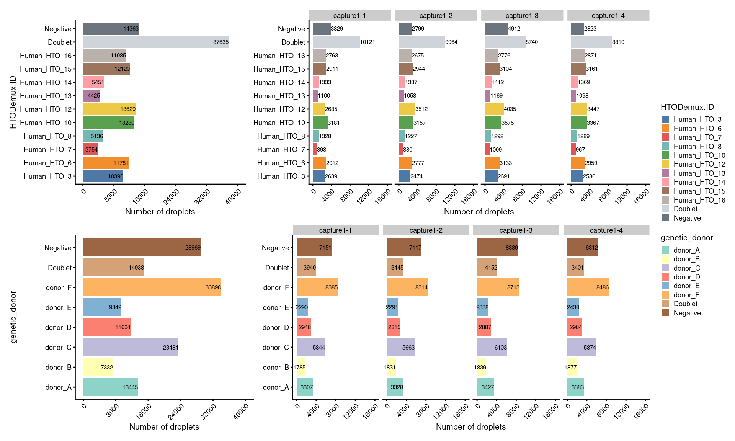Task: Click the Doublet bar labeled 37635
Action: pyautogui.click(x=155, y=42)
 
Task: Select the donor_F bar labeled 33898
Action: pyautogui.click(x=152, y=287)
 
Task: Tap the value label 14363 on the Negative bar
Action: pyautogui.click(x=131, y=29)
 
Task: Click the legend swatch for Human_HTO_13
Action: pyautogui.click(x=665, y=173)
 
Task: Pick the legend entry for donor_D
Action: pyautogui.click(x=686, y=277)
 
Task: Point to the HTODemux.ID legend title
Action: pyautogui.click(x=687, y=107)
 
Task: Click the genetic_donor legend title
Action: pyautogui.click(x=687, y=238)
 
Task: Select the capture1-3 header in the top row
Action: pyautogui.click(x=522, y=16)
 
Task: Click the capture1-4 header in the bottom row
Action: pyautogui.click(x=606, y=230)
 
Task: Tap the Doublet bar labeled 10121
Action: pyautogui.click(x=336, y=42)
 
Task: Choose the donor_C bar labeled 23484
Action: pyautogui.click(x=131, y=347)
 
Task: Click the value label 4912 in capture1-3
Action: pyautogui.click(x=514, y=29)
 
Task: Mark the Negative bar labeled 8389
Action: pyautogui.click(x=497, y=248)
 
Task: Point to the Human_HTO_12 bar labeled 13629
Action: pyautogui.click(x=109, y=109)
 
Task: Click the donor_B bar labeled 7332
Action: pyautogui.click(x=98, y=367)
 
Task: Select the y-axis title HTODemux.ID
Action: pyautogui.click(x=13, y=102)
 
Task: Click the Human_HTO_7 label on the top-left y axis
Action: pyautogui.click(x=47, y=150)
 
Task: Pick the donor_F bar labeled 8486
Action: pyautogui.click(x=588, y=287)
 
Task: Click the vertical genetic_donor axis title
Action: pyautogui.click(x=14, y=317)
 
